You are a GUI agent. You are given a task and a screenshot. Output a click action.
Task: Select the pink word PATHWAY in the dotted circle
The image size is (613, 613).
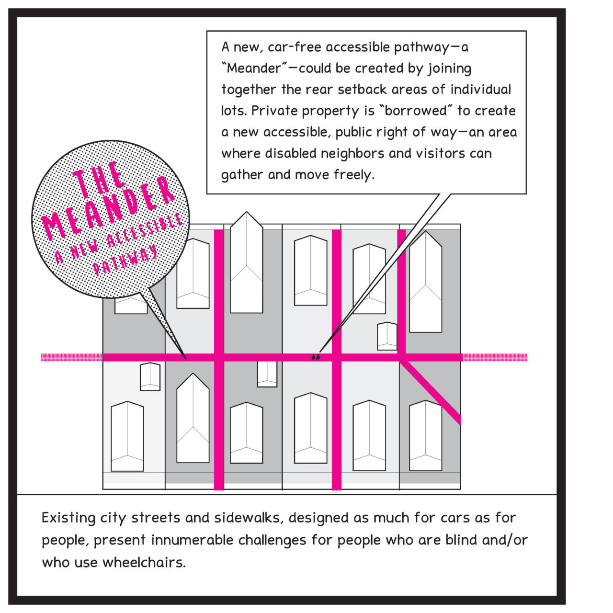(x=125, y=261)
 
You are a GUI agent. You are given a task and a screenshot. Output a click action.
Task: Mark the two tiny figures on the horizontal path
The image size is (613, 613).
(x=316, y=356)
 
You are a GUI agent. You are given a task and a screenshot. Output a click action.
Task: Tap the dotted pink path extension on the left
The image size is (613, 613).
(x=71, y=357)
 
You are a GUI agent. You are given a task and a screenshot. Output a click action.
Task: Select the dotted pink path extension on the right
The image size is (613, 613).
(x=495, y=357)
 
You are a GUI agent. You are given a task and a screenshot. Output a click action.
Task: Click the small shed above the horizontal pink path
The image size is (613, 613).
(x=387, y=336)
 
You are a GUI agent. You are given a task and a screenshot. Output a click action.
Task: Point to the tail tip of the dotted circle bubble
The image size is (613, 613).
(x=186, y=358)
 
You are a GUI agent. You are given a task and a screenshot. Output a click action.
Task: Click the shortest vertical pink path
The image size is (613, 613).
(x=402, y=292)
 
